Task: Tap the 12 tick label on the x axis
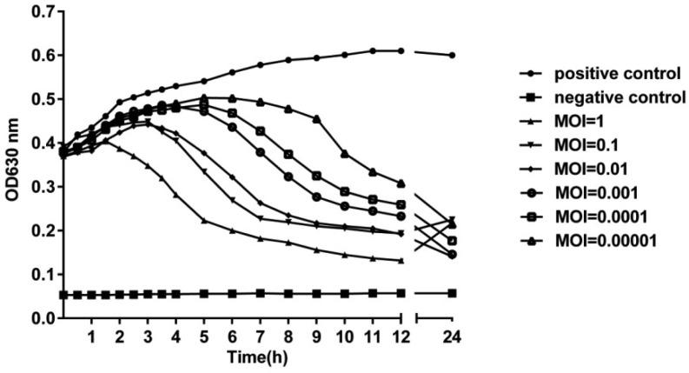tap(401, 336)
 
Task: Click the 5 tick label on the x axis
tap(204, 336)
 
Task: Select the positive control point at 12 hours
tap(401, 50)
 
